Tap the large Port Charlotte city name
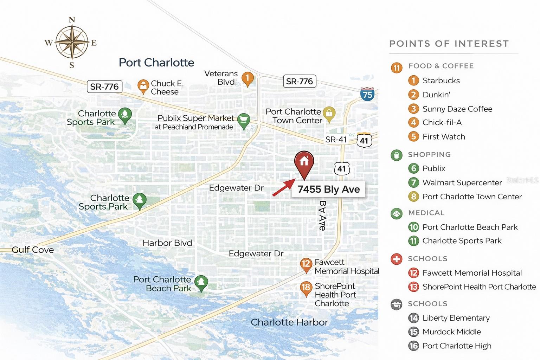[156, 63]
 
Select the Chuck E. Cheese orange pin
[143, 86]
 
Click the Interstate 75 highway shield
[367, 94]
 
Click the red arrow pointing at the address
[283, 187]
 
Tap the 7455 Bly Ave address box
[328, 189]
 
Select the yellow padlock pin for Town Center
[329, 114]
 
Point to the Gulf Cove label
[33, 250]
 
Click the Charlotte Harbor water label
[289, 322]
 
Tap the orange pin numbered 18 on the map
[306, 288]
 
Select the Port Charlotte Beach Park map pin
[201, 283]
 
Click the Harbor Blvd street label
[167, 243]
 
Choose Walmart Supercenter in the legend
[462, 182]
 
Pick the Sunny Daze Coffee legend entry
[457, 109]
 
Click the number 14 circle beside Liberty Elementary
[413, 318]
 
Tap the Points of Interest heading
[449, 44]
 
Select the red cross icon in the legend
[396, 259]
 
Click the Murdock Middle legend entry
[451, 332]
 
